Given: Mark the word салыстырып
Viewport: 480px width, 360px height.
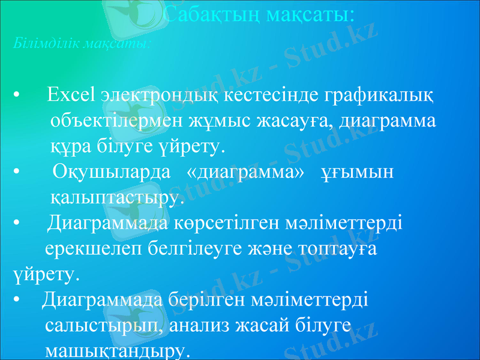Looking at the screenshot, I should [103, 325].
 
